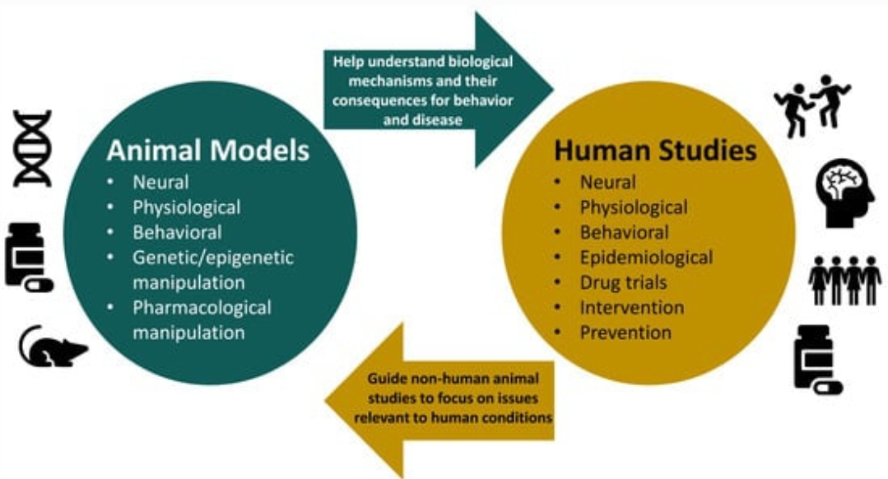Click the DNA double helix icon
(x=32, y=148)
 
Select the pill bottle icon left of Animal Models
(x=27, y=257)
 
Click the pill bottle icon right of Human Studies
(x=816, y=359)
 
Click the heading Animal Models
(x=207, y=151)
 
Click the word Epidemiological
(x=646, y=258)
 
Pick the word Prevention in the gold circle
(x=625, y=333)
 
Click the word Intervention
(x=631, y=307)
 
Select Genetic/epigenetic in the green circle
(x=213, y=258)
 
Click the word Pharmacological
(x=202, y=308)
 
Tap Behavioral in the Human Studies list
(x=624, y=232)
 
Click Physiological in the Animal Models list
(x=187, y=207)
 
